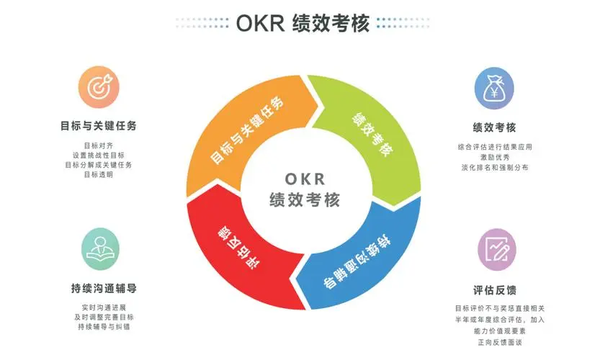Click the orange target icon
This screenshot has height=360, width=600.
(x=99, y=87)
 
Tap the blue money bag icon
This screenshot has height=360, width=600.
(x=494, y=89)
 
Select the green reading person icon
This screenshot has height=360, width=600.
(x=100, y=249)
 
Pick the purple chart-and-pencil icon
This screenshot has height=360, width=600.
(x=497, y=249)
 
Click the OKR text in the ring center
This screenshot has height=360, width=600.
(x=305, y=179)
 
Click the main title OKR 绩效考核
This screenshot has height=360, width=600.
(x=303, y=23)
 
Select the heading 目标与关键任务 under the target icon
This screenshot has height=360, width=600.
(x=99, y=125)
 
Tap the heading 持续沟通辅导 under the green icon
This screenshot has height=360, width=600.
(x=104, y=288)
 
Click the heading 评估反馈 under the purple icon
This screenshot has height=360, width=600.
(x=495, y=290)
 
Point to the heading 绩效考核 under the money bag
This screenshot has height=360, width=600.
(x=494, y=127)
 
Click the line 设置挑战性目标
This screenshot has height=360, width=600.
(x=99, y=156)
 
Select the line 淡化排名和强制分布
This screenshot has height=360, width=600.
(x=495, y=167)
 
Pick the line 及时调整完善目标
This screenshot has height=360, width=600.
(x=104, y=317)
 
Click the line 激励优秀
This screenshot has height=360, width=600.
(x=495, y=157)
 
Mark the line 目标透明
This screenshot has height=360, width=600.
(x=99, y=174)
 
